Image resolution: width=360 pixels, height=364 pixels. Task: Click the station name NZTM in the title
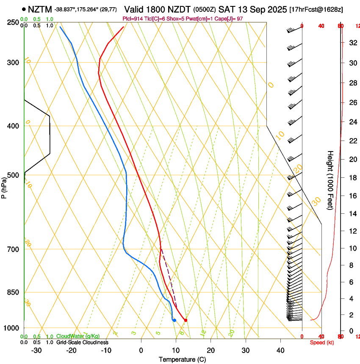(40, 9)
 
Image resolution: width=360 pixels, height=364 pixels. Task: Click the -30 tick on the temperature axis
(37, 350)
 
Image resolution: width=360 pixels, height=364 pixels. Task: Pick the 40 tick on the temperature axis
(280, 350)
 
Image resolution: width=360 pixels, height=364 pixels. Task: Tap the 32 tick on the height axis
(352, 42)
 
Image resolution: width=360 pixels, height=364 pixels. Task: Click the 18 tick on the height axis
(352, 177)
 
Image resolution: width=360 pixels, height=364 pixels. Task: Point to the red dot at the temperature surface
(186, 320)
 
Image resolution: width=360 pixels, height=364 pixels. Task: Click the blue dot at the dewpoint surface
(174, 320)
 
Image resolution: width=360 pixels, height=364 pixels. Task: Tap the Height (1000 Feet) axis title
(330, 180)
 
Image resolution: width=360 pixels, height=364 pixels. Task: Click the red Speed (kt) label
(322, 342)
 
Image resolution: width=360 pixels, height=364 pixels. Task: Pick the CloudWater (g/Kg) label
(79, 336)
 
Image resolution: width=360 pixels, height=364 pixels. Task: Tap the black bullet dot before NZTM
(24, 9)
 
